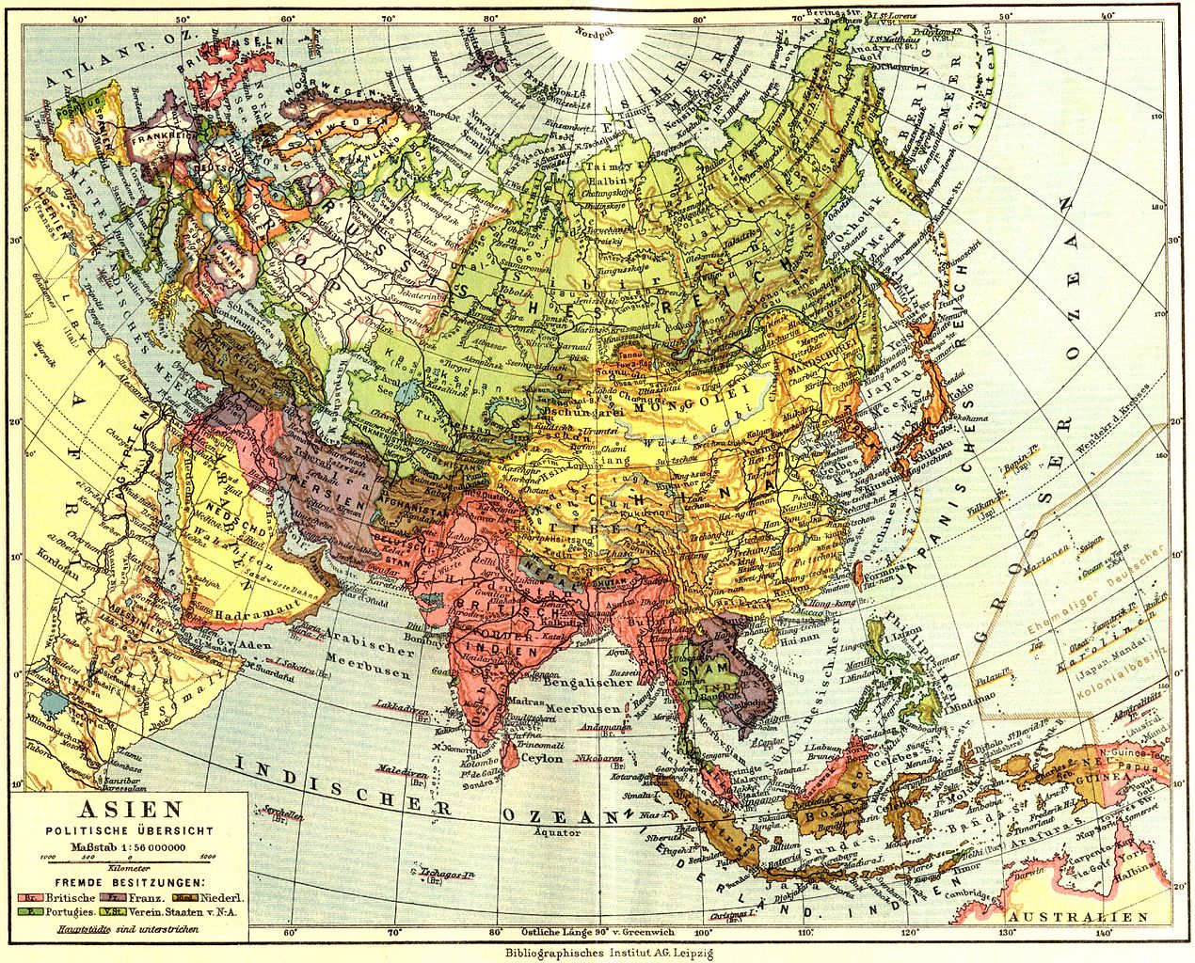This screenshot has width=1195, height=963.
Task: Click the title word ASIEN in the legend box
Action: pos(129,809)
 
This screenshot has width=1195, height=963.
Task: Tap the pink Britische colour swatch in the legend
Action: pos(26,897)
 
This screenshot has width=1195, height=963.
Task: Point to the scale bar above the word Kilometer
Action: pos(128,857)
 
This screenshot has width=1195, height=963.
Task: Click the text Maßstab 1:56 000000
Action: pos(128,845)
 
